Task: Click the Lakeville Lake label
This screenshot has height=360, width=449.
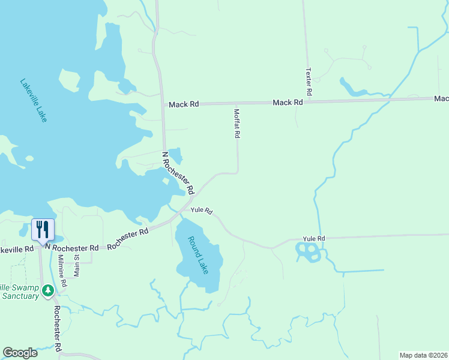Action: coord(33,100)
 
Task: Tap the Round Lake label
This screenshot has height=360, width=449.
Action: coord(198,255)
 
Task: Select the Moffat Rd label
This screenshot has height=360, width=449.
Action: coord(237,123)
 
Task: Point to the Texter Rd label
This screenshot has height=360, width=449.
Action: coord(309,82)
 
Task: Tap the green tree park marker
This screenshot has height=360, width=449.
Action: coord(48,290)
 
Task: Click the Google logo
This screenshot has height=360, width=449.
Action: coord(20,353)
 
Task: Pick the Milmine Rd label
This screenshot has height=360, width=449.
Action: coord(62,268)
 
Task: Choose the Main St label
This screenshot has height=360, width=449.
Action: coord(77,265)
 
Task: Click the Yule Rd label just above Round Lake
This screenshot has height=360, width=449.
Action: coord(202,211)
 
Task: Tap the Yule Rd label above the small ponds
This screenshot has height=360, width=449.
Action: coord(313,239)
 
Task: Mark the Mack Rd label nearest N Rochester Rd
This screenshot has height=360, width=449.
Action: coord(183,104)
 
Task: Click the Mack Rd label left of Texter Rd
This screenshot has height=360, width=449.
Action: coord(288,103)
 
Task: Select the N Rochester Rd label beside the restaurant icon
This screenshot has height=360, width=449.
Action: coord(74,248)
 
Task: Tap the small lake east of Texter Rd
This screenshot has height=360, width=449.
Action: coord(353,88)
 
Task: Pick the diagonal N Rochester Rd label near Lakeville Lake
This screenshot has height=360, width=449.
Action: coord(179,173)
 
